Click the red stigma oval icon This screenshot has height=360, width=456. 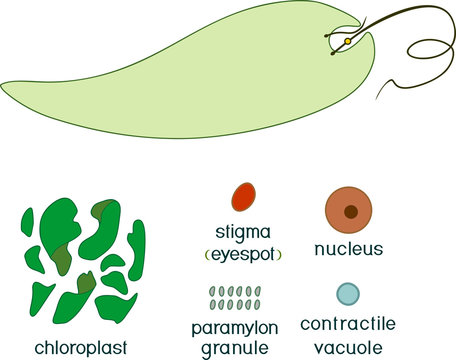click(x=242, y=197)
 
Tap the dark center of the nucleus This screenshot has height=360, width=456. click(x=351, y=211)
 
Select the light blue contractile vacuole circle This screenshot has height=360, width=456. click(x=347, y=294)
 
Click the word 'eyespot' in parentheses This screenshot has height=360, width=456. click(x=242, y=254)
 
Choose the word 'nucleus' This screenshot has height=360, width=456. click(x=349, y=248)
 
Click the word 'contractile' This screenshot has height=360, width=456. click(x=348, y=324)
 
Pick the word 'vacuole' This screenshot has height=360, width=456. click(x=348, y=345)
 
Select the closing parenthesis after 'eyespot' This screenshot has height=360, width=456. click(x=279, y=255)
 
